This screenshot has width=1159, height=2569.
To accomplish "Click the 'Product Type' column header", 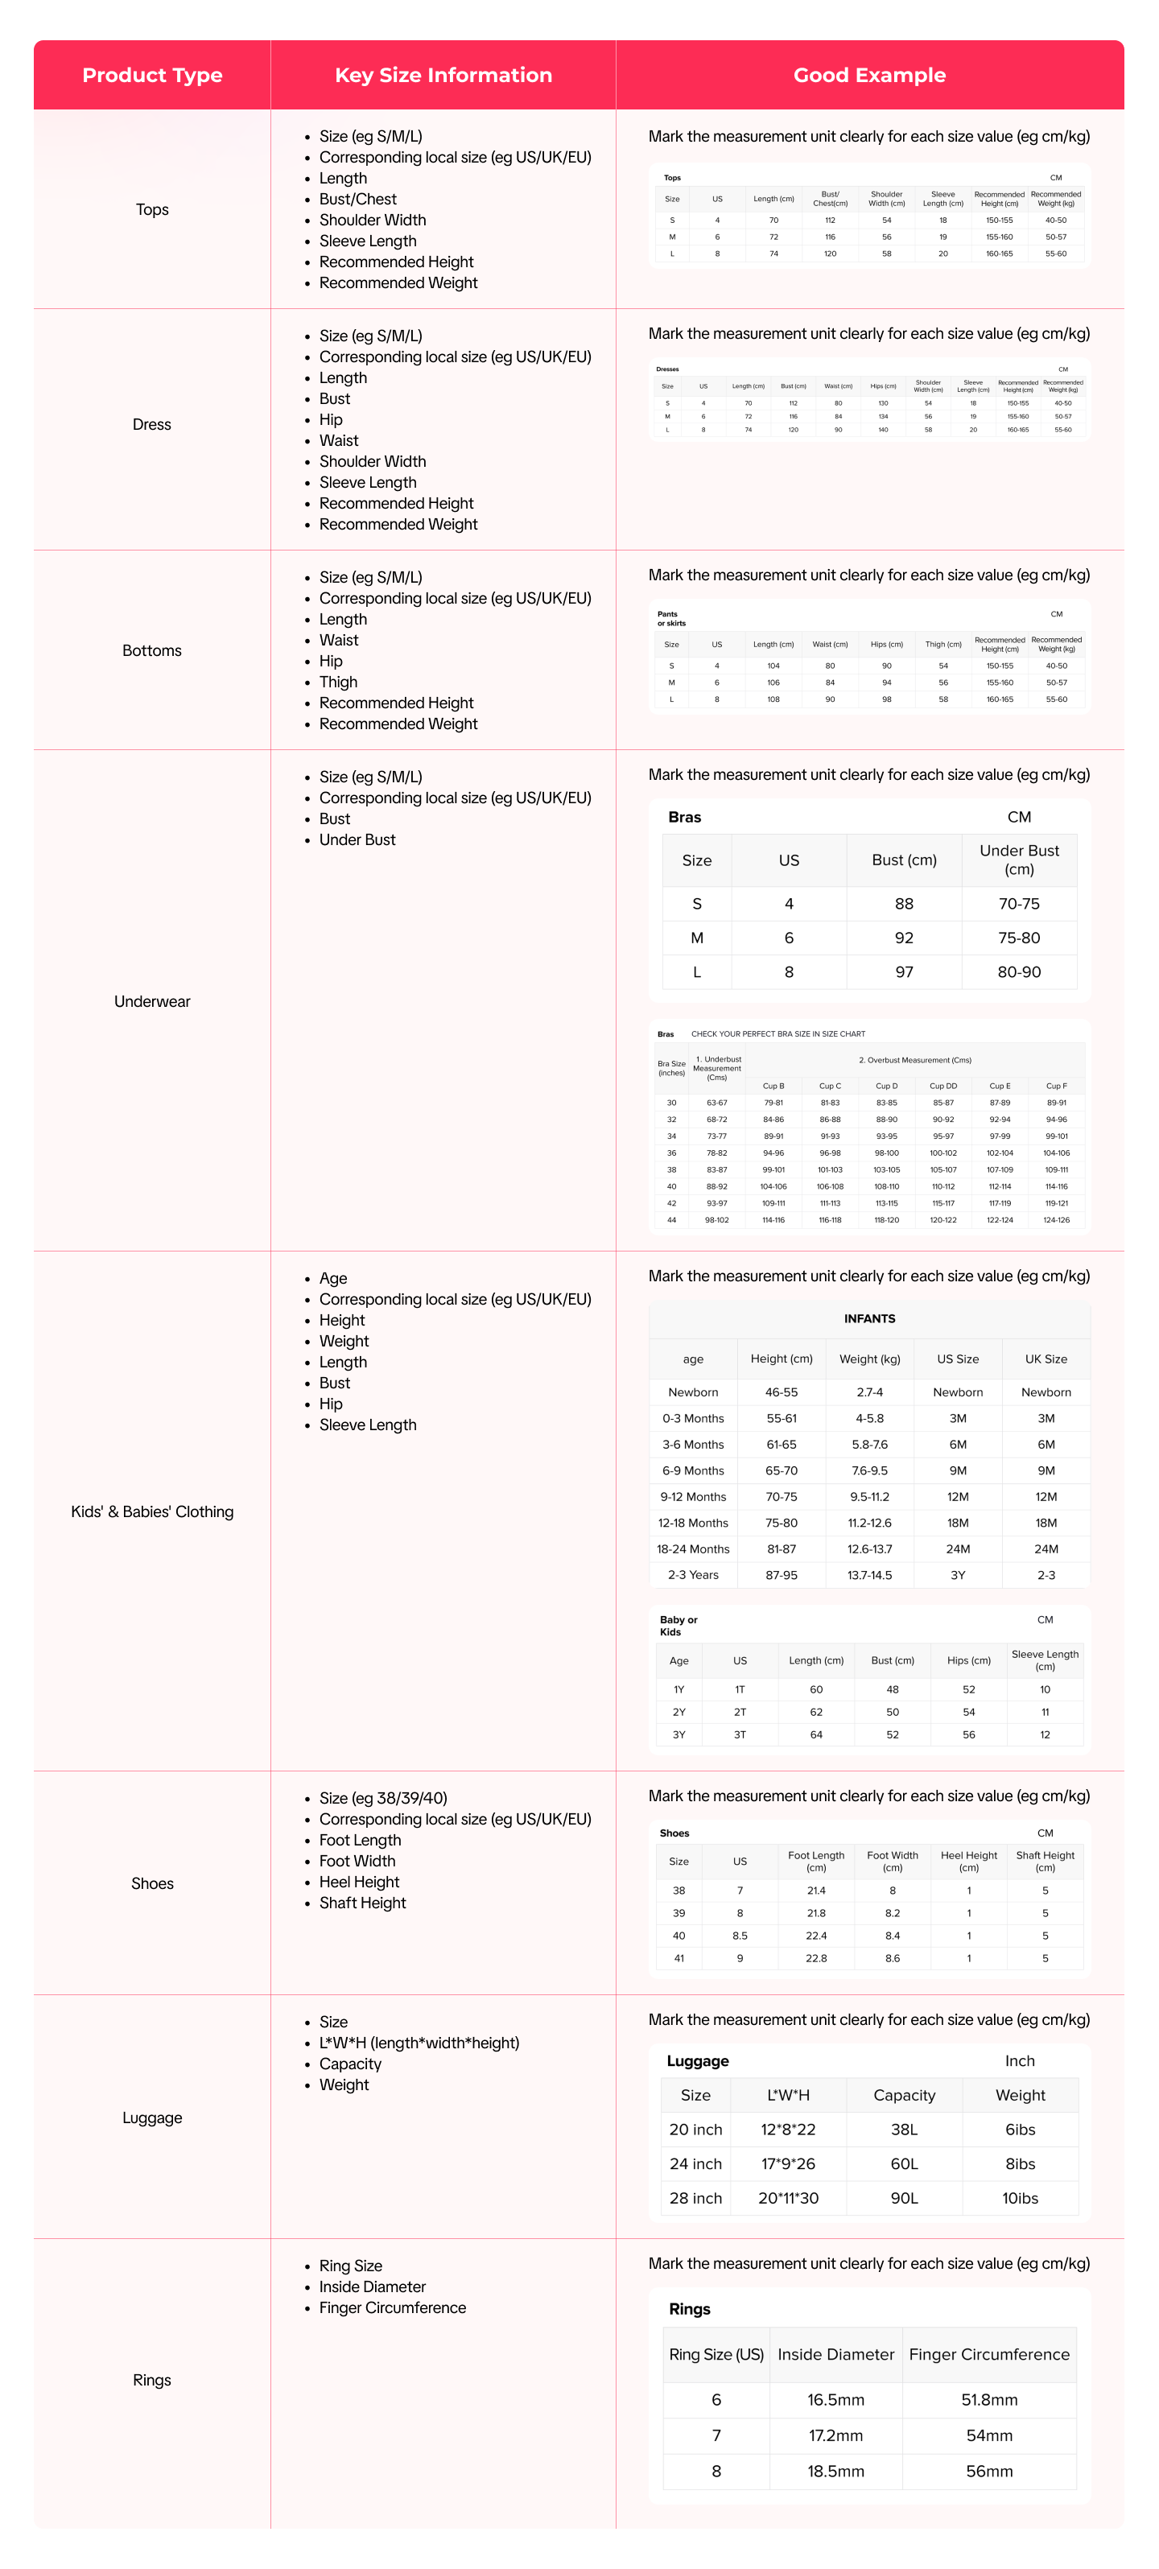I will coord(151,75).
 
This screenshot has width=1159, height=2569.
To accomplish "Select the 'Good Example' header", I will coord(868,75).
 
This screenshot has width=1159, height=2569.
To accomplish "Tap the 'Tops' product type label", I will coord(151,209).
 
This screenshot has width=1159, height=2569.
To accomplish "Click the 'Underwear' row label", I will coord(151,1001).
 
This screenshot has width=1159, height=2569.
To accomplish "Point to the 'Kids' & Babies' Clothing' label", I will coord(151,1512).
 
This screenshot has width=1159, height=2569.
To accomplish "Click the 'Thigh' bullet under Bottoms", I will coord(338,682).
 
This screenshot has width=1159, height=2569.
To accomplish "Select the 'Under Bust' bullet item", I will coord(357,839).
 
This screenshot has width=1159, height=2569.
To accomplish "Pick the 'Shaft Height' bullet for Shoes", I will coord(362,1903).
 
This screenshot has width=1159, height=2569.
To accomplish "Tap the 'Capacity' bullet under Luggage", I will coord(350,2064).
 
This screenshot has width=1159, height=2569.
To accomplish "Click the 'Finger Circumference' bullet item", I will coord(392,2307).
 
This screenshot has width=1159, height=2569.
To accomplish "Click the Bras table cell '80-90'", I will coord(1018,971).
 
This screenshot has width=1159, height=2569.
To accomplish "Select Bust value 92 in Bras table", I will coord(904,938).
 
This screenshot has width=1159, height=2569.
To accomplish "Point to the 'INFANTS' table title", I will coord(868,1318).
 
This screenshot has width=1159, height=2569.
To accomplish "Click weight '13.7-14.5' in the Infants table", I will coord(868,1575).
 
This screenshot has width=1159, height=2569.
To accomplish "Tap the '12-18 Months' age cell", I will coord(692,1523).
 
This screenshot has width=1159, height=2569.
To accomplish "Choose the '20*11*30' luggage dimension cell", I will coord(788,2198).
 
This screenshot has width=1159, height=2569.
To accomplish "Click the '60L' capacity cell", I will coord(904,2164).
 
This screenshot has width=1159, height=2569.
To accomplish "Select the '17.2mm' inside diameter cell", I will coord(835,2435).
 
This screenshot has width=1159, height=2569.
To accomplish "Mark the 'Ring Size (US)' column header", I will coord(716,2355).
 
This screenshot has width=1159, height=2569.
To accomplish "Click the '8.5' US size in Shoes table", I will coord(739,1936).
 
